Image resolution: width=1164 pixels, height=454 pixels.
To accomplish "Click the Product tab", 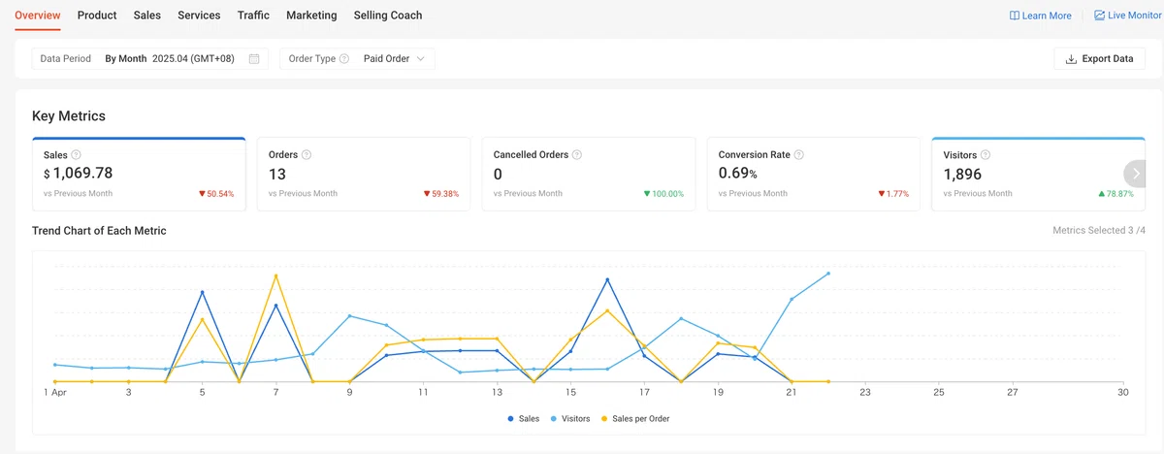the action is point(97,16).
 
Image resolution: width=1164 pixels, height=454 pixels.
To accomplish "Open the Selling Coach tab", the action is point(388,16).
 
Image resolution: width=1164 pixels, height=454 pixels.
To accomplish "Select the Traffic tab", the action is point(253,16).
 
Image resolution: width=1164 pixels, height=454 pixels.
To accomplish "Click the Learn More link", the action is point(1040,16).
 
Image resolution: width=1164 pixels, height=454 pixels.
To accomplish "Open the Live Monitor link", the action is point(1127,16).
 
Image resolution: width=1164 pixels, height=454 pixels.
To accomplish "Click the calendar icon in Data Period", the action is point(254,59).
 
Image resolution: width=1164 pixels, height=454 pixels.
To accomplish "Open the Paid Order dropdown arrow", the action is point(420,59).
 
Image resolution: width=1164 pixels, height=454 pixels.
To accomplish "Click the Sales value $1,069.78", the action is point(78,173).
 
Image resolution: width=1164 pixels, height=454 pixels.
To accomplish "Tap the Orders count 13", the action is point(277,174).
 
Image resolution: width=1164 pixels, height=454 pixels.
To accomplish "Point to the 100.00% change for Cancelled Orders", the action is point(664,194).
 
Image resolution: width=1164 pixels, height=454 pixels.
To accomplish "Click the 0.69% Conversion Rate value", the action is point(737,173).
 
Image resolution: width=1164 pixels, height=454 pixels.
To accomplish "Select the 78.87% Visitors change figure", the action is point(1115,194).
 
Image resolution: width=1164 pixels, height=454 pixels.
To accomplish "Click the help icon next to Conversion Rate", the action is point(799,155).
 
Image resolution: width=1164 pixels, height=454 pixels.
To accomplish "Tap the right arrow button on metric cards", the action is point(1136,174).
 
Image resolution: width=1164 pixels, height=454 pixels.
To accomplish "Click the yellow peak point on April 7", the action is point(275,276).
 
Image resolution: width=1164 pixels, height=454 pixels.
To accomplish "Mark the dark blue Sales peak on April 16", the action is point(607,280).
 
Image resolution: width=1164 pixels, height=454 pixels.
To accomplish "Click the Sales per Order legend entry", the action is point(635,419).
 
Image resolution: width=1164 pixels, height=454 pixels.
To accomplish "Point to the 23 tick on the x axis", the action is point(864,392).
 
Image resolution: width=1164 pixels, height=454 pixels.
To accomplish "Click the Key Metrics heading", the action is point(69,115).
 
